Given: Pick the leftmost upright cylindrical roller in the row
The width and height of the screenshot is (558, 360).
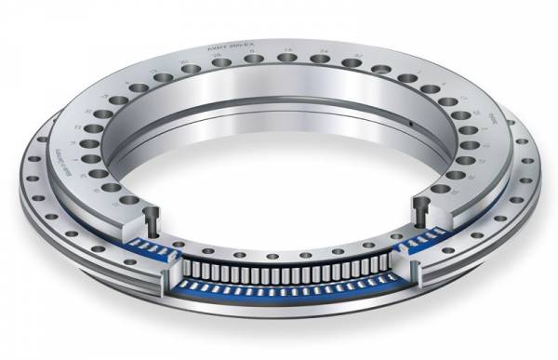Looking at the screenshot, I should coord(186,269).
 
